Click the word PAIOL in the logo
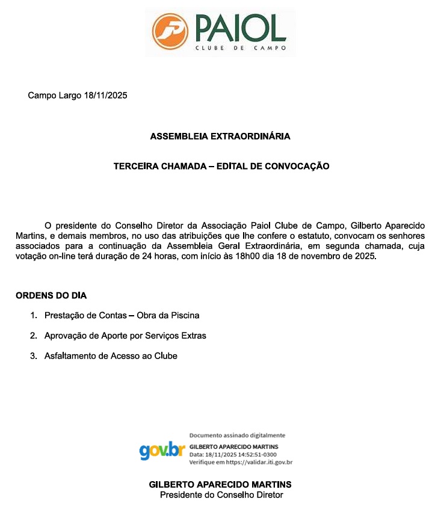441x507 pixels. tap(239, 26)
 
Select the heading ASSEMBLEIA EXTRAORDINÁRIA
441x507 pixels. tap(220, 137)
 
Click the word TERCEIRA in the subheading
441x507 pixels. tap(134, 166)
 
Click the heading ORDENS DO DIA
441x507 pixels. tap(51, 295)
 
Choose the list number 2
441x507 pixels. tap(33, 336)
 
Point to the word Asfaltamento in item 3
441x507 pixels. tap(68, 356)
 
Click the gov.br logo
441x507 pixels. tap(162, 450)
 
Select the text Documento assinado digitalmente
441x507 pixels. tap(237, 435)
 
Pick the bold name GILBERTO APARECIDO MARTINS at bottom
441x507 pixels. tap(220, 485)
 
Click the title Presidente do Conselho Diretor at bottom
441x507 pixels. tap(221, 495)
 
